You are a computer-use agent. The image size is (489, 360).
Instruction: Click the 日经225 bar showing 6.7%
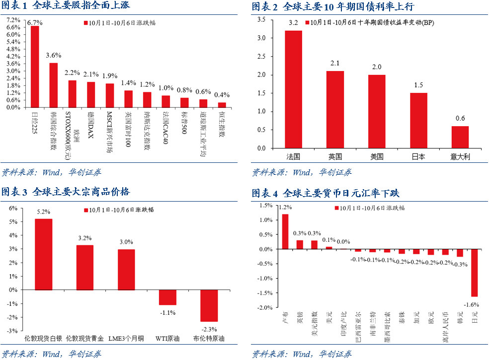pos(35,66)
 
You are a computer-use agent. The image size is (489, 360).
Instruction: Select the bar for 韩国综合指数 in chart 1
pos(53,85)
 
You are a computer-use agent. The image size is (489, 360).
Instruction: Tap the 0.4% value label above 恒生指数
pos(222,95)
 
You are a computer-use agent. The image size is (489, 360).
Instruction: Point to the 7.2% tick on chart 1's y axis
pos(13,20)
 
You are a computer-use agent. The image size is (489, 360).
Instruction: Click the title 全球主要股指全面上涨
pos(81,6)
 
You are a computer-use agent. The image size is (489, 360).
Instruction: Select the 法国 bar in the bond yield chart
pos(293,89)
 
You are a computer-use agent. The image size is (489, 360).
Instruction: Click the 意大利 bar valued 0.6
pos(460,137)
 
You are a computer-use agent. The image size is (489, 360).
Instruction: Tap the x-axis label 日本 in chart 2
pos(418,156)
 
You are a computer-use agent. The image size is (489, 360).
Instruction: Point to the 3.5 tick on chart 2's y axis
pos(261,19)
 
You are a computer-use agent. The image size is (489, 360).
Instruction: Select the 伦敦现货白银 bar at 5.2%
pos(43,254)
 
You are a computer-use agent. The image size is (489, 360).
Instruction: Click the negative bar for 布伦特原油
pos(209,305)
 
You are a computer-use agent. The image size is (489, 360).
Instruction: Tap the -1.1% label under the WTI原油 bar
pos(167,312)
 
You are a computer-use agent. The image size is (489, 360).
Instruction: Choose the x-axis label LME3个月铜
pos(126,339)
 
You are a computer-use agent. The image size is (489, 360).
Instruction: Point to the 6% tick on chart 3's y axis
pos(13,208)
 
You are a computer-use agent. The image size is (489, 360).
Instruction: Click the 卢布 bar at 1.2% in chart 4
pos(285,231)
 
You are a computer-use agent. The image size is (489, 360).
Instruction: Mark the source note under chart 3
pos(52,354)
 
